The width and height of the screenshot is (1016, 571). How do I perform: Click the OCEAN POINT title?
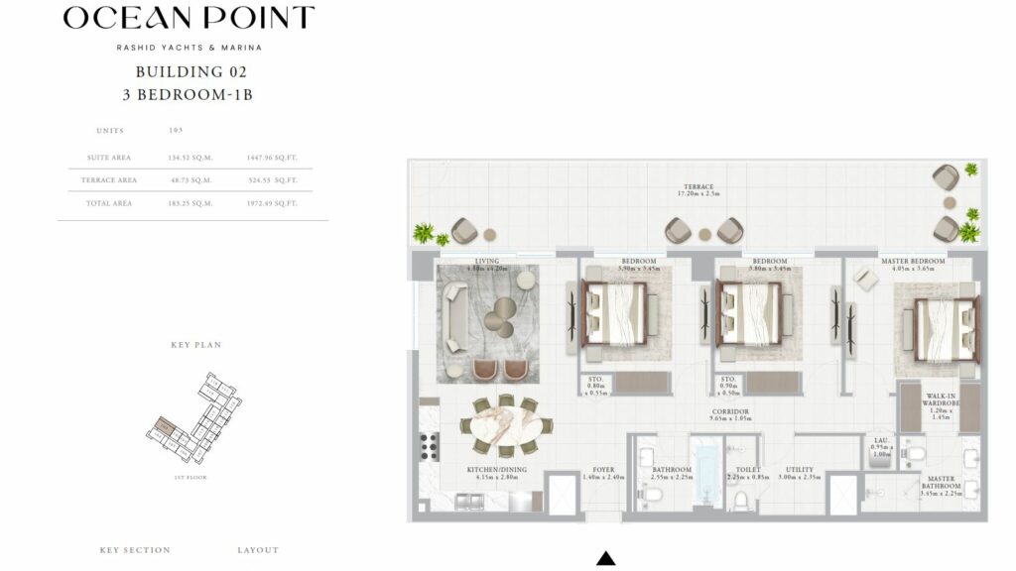189,18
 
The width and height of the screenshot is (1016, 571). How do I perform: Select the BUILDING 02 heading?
190,71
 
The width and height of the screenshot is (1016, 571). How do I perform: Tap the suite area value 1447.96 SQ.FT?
272,157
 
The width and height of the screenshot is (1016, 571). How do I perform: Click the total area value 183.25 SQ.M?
190,203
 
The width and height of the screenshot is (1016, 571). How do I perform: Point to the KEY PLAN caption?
195,345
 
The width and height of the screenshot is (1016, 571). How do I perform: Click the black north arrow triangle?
605,559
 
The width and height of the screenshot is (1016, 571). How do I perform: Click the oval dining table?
501,428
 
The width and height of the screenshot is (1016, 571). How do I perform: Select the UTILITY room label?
799,471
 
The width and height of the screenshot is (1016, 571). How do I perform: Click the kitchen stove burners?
430,446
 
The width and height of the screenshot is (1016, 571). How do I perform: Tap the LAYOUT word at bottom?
258,550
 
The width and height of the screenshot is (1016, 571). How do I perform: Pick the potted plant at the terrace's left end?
425,233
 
